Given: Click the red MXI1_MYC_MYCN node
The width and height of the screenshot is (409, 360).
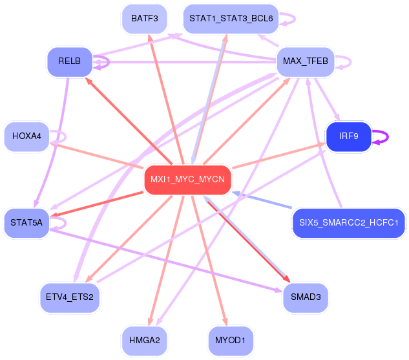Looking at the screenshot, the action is click(188, 180).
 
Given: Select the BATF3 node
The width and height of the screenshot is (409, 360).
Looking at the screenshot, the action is click(145, 19).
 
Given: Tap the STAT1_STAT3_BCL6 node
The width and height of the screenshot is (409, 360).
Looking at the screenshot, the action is click(231, 19).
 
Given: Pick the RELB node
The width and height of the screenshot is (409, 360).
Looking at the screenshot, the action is click(70, 62).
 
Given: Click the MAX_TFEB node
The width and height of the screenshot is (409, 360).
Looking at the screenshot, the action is click(306, 62).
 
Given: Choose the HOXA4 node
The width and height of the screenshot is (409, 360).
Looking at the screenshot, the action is click(26, 136).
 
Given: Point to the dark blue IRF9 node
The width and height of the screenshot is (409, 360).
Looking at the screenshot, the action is click(349, 136).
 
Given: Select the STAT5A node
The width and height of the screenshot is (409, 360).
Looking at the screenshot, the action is click(26, 223).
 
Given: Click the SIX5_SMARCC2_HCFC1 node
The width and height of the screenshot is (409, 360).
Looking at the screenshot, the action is click(349, 223).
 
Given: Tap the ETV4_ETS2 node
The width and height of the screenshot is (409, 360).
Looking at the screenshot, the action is click(70, 298).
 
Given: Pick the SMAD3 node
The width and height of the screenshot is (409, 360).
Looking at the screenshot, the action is click(306, 298).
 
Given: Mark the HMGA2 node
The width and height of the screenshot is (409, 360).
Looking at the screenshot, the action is click(145, 341).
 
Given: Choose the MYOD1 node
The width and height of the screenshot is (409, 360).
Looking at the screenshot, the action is click(231, 341).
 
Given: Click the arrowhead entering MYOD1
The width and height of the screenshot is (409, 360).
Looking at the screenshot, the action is click(225, 322).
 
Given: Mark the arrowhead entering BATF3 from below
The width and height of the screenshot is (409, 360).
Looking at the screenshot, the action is click(150, 38).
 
